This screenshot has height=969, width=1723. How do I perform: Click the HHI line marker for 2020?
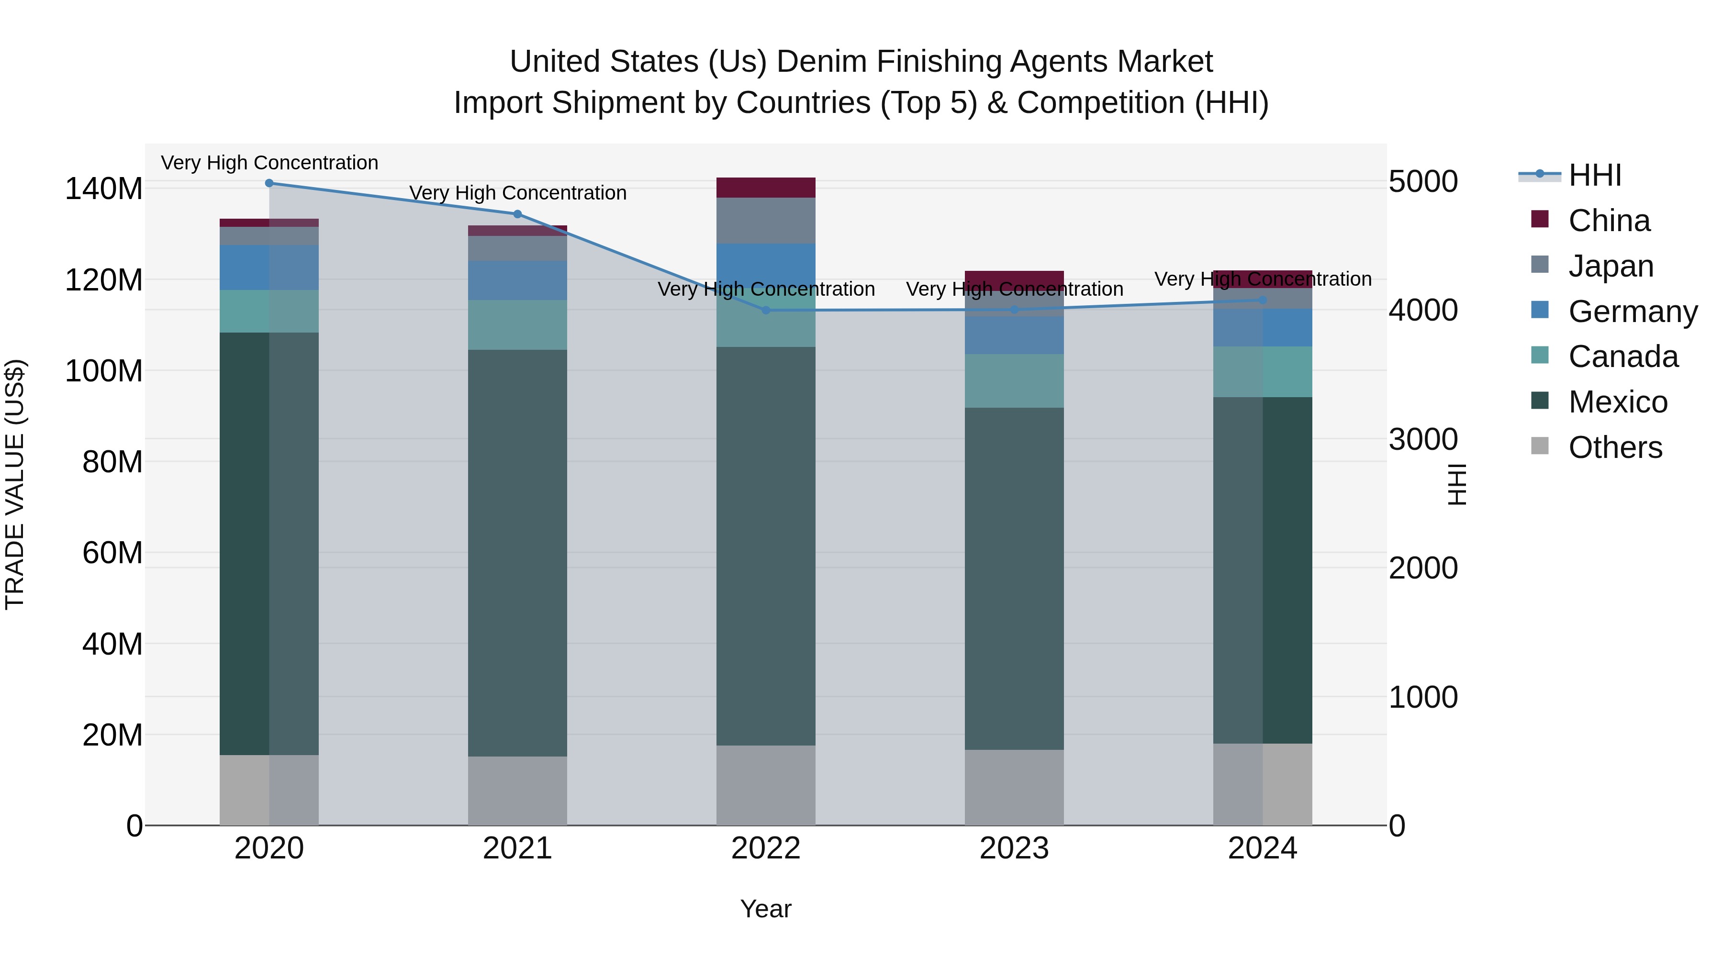click(269, 183)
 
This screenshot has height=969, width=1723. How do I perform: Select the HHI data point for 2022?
click(766, 310)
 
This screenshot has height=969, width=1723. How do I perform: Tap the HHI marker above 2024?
click(1262, 300)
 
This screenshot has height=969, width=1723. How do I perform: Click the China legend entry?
click(1609, 221)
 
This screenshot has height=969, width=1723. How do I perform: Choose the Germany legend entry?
click(1632, 312)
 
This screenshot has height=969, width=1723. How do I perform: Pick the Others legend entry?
click(1615, 447)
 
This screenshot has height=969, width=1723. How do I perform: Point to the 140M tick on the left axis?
click(104, 189)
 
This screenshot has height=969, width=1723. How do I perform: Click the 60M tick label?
click(112, 553)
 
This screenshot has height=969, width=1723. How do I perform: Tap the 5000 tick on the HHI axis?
click(1423, 181)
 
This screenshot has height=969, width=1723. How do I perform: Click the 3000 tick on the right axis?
click(1423, 439)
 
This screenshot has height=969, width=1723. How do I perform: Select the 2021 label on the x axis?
click(517, 848)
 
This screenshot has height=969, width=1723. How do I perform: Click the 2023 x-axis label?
click(1014, 848)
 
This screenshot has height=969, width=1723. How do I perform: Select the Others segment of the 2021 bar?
click(517, 791)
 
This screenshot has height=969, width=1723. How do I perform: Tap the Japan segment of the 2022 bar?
click(766, 220)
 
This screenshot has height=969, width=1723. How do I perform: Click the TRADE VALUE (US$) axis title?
click(15, 484)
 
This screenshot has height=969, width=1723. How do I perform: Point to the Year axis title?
click(766, 909)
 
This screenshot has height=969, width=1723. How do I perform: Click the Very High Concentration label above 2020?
click(269, 163)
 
